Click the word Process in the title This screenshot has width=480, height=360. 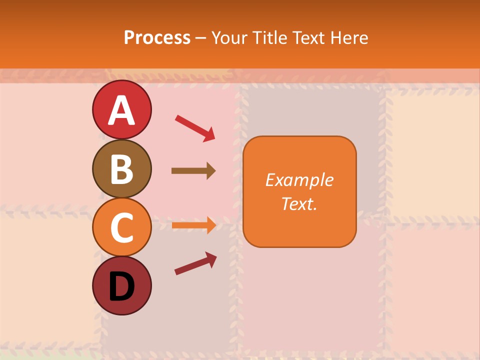tap(157, 38)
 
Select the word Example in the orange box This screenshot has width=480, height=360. tap(299, 180)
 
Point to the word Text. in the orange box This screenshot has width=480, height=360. tap(299, 203)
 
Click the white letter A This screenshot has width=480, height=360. tap(121, 110)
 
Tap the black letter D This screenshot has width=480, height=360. tap(121, 286)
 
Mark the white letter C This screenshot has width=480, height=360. tap(121, 228)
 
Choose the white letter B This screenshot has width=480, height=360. tap(121, 169)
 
